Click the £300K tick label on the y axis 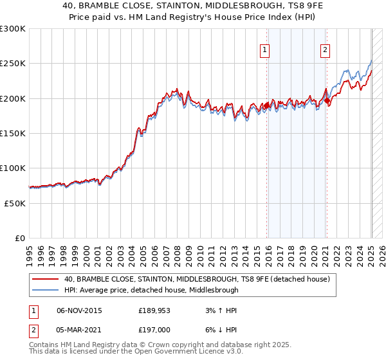pos(13,29)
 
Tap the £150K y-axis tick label pos(13,133)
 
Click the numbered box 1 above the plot pos(266,51)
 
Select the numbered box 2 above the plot pos(326,51)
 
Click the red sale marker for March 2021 pos(327,101)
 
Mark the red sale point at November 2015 pos(266,105)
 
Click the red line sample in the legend pos(46,279)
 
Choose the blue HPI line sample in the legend pos(46,290)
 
